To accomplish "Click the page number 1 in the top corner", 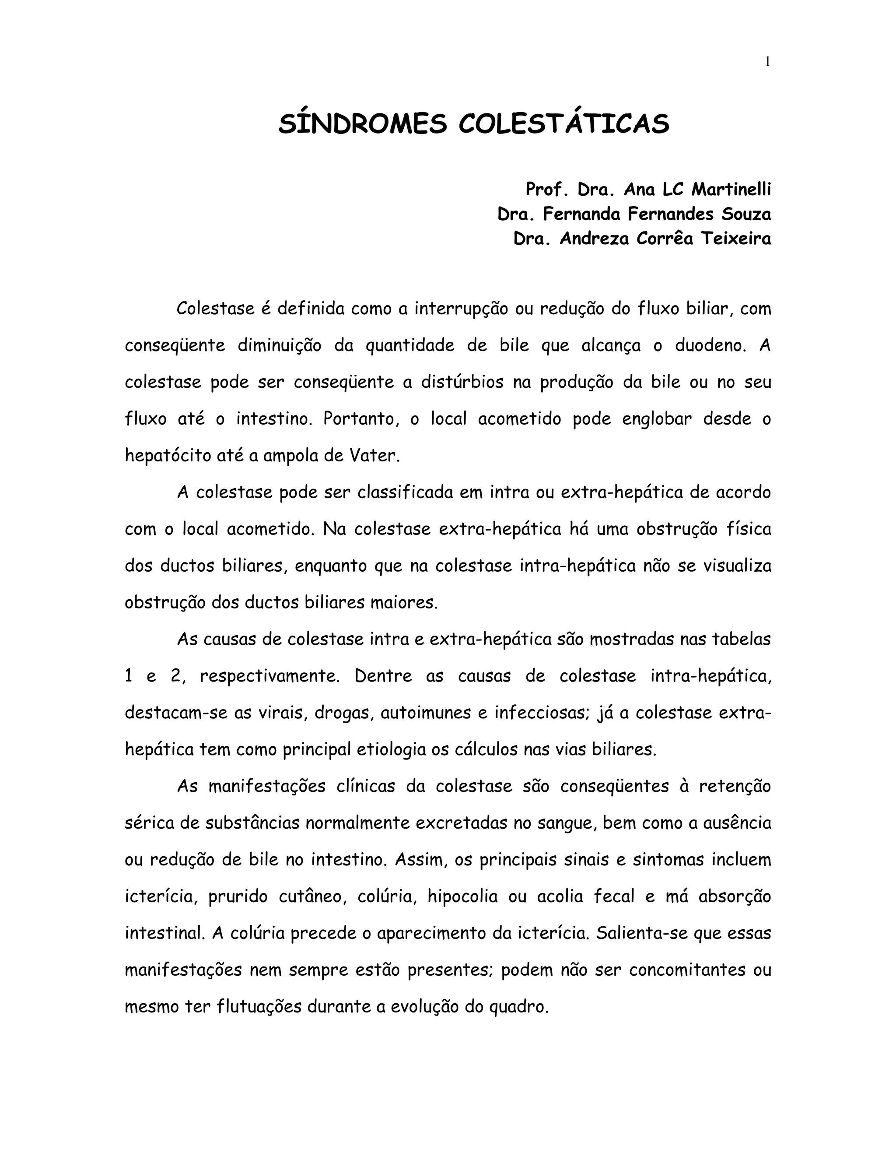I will coord(767,62).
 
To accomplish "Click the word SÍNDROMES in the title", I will coord(363,124).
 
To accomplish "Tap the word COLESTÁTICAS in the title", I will coord(563,124).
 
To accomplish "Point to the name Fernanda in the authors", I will coord(581,214).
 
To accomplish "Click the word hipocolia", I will coord(462,896).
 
